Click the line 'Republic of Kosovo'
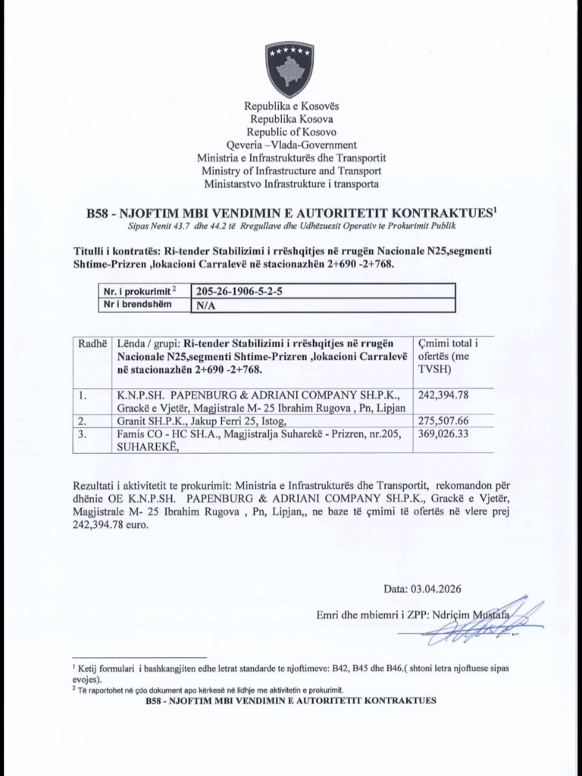coord(291,132)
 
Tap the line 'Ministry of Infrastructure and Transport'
coord(291,171)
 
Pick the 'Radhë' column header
coord(92,343)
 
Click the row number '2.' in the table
coord(83,420)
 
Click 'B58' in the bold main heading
coord(102,214)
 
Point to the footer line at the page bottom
coord(290,702)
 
